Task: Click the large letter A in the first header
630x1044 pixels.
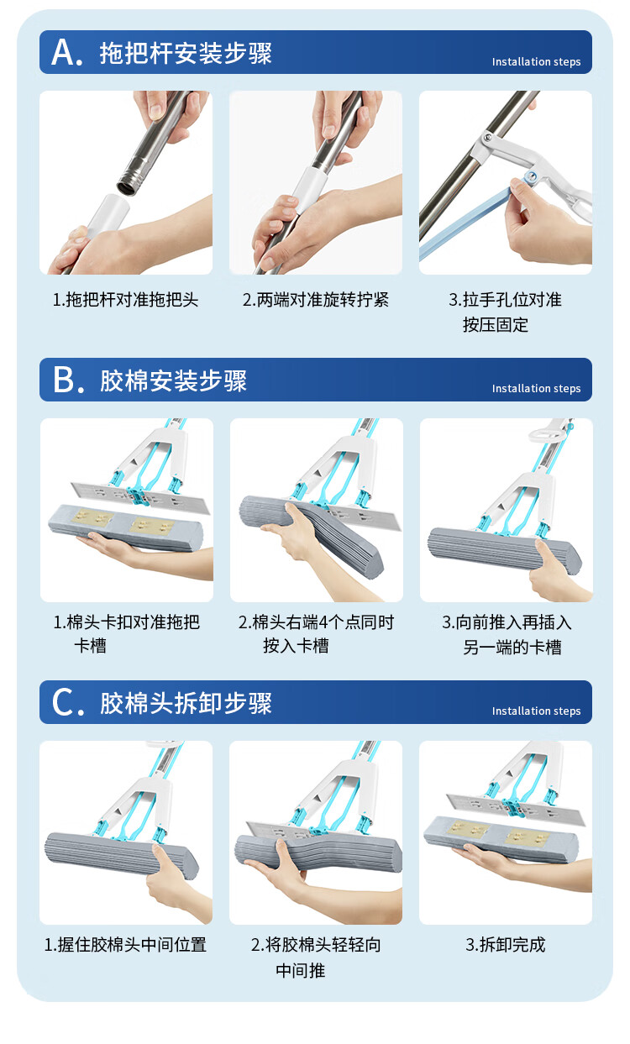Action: tap(64, 52)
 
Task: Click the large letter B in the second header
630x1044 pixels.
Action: tap(64, 380)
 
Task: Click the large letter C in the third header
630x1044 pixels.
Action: tap(62, 702)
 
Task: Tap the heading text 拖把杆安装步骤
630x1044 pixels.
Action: tap(186, 53)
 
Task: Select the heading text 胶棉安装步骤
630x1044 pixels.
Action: tap(173, 380)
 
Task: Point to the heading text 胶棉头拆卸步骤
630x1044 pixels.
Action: tap(186, 703)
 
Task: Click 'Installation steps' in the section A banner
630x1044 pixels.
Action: tap(536, 61)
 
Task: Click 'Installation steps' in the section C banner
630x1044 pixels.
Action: tap(536, 711)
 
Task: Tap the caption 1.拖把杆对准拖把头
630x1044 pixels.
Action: tap(125, 300)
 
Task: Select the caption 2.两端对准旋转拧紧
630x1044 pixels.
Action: tap(316, 300)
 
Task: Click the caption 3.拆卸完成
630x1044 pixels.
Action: tap(505, 945)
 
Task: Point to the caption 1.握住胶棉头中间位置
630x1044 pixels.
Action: tap(125, 945)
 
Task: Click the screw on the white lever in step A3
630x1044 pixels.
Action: tap(488, 138)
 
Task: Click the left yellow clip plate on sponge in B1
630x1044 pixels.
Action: tap(92, 517)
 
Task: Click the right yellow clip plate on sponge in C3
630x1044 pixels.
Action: tap(527, 837)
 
